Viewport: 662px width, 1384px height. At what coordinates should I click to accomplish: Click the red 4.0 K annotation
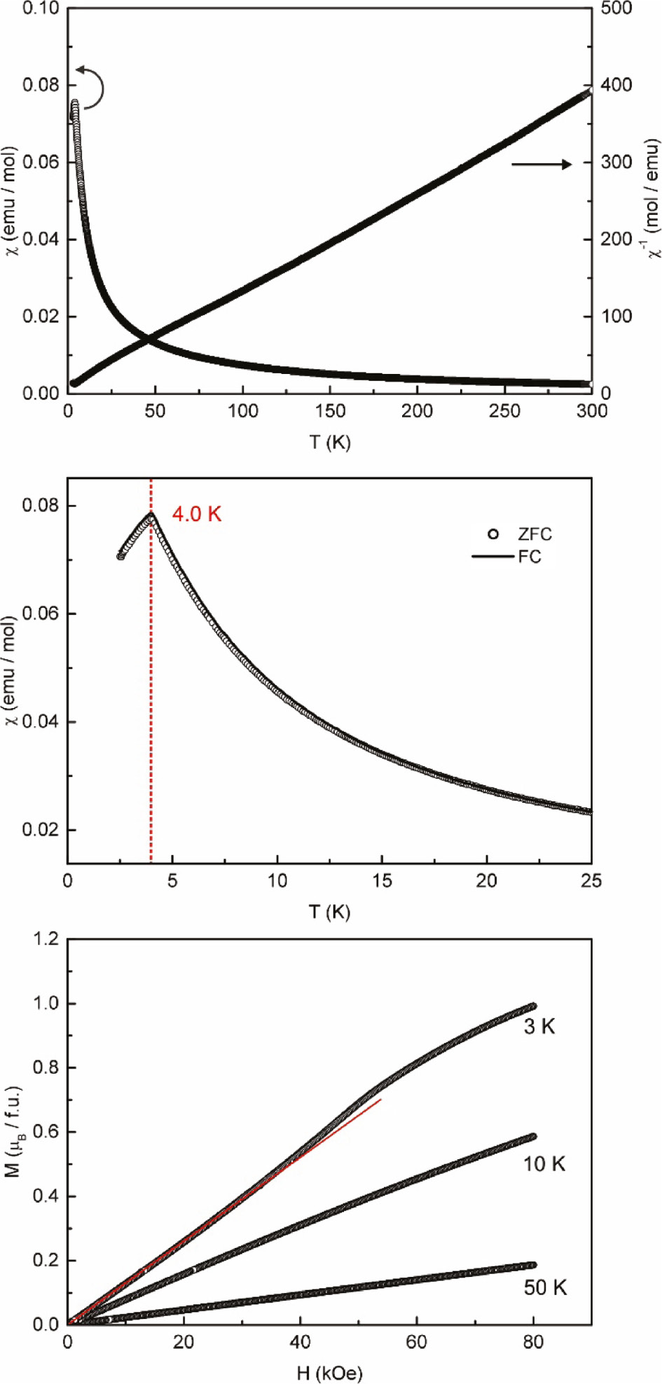(197, 514)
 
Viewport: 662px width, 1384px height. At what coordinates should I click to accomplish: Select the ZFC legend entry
(522, 534)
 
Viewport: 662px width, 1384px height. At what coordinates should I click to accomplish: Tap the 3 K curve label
(539, 1027)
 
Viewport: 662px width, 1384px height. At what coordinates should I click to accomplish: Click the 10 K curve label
(544, 1164)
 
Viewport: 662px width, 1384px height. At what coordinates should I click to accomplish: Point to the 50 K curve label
(545, 1287)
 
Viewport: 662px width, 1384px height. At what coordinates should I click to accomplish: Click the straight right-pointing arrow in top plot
(542, 164)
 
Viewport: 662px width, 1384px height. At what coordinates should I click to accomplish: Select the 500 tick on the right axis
(616, 8)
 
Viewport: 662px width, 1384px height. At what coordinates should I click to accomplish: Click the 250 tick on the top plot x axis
(504, 411)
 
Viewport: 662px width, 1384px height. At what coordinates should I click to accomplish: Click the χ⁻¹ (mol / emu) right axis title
(651, 198)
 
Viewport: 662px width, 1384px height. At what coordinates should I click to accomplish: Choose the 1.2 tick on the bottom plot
(46, 939)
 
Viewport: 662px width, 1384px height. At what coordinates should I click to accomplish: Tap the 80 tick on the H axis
(533, 1342)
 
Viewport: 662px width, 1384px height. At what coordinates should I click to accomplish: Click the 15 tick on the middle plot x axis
(382, 880)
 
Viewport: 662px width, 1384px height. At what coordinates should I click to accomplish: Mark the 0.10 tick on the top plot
(41, 8)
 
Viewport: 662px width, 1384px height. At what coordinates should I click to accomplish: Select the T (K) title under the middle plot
(329, 912)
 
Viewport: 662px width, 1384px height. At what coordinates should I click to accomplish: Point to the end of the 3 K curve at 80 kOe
(532, 1006)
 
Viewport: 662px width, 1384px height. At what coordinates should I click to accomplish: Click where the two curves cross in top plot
(149, 340)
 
